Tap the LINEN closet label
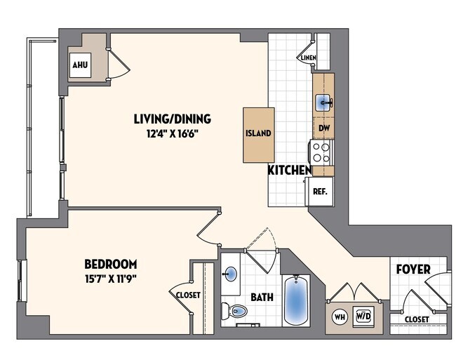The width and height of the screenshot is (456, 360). pyautogui.click(x=308, y=58)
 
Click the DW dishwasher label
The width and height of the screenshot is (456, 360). pyautogui.click(x=324, y=128)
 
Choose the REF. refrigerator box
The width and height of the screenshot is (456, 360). pyautogui.click(x=319, y=190)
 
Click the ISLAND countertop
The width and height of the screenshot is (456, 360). pyautogui.click(x=257, y=134)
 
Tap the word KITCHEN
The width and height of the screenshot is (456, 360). pyautogui.click(x=289, y=170)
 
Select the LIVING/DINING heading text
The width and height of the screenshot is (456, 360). pyautogui.click(x=172, y=119)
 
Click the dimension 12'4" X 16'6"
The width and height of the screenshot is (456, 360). pyautogui.click(x=172, y=133)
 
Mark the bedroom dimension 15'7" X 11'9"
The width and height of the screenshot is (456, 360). pyautogui.click(x=110, y=279)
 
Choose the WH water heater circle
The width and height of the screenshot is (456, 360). pyautogui.click(x=340, y=316)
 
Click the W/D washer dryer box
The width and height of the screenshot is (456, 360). pyautogui.click(x=363, y=316)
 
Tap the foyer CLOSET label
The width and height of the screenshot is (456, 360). pyautogui.click(x=418, y=319)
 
